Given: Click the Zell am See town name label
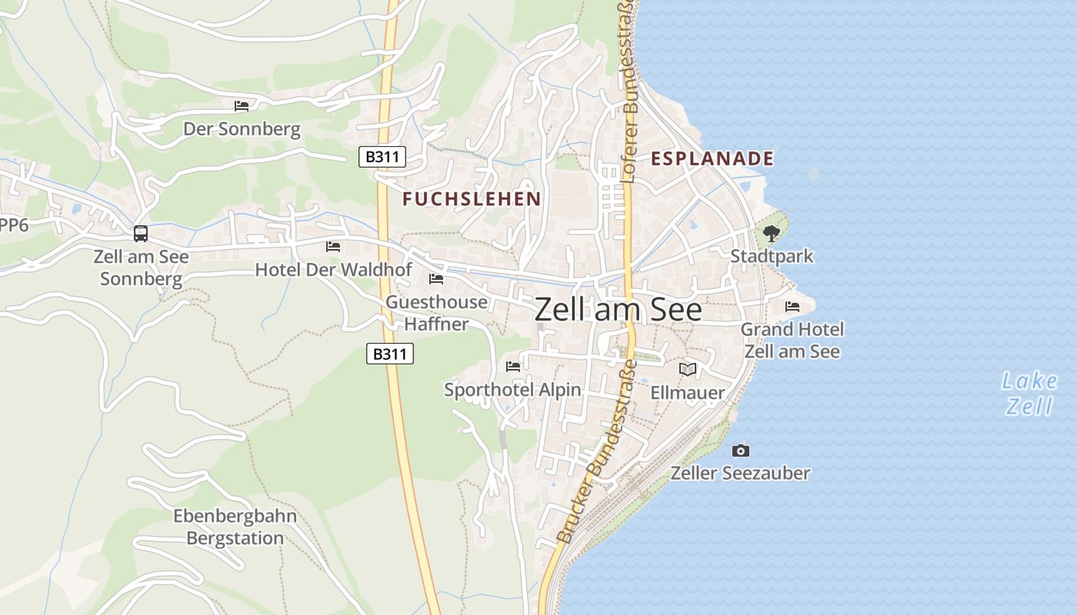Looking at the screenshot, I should (618, 310).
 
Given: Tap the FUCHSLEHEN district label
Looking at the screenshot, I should (472, 199).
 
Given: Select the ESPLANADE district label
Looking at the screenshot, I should (712, 159).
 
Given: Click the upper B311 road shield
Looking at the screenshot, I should (382, 158).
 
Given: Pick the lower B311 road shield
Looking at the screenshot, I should (390, 354).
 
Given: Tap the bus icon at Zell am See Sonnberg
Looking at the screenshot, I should (141, 233).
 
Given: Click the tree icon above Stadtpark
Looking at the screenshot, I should (772, 233).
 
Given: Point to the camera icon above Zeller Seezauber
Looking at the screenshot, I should (741, 450).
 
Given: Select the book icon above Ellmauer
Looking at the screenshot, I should (687, 370).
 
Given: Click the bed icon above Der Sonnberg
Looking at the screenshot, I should (242, 105).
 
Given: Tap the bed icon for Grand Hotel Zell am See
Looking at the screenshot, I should (792, 307).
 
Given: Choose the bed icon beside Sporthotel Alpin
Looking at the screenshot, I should (513, 366).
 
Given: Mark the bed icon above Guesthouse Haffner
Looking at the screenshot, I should (436, 278).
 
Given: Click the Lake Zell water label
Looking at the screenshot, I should (1030, 393).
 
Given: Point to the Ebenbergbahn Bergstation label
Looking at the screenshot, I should (235, 527).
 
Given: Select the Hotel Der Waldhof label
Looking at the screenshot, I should (333, 270).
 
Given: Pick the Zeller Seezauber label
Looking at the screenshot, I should (740, 473).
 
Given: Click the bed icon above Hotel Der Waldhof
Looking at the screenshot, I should (333, 247).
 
